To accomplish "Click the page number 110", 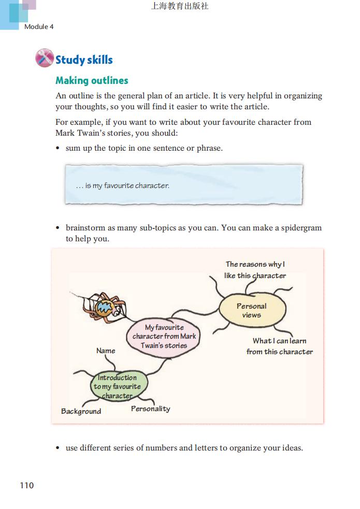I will point(27,485).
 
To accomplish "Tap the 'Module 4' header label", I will point(39,26).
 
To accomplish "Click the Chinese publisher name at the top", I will point(180,6).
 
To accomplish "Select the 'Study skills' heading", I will point(84,60).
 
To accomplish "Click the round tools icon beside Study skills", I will point(45,58).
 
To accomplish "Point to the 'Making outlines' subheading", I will point(92,80).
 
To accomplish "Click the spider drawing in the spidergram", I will point(106,309).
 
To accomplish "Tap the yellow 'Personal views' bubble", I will point(252,310).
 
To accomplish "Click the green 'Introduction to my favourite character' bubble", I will point(117,386).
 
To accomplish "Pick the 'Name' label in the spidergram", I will point(106,351).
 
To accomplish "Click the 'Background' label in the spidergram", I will point(81,411).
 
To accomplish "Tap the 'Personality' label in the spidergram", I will point(150,409).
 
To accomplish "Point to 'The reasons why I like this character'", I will point(255,270).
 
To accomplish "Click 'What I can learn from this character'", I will point(280,346).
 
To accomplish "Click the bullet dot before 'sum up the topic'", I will point(58,149).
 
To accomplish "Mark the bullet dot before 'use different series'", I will point(58,448).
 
